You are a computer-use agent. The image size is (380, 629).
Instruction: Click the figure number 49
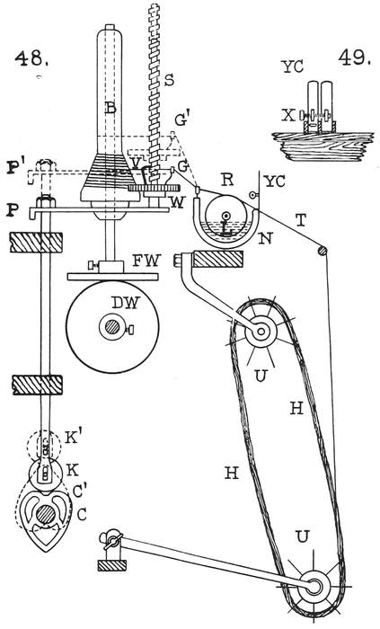(x=354, y=58)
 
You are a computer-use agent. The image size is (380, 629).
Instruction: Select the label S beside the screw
(x=169, y=80)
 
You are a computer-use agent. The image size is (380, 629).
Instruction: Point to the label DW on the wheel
(x=125, y=304)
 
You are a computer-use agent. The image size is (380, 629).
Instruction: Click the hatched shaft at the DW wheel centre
(x=111, y=328)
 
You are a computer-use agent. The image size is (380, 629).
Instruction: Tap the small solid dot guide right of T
(x=323, y=251)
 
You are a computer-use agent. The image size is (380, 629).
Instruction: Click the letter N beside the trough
(x=265, y=238)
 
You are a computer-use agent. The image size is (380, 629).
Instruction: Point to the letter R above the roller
(x=227, y=180)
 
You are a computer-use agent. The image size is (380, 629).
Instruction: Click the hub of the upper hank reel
(x=261, y=332)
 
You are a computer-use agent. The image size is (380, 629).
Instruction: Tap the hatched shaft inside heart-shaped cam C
(x=46, y=514)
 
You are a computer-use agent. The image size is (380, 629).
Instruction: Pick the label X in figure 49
(x=287, y=116)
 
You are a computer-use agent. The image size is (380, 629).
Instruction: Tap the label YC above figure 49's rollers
(x=293, y=67)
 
